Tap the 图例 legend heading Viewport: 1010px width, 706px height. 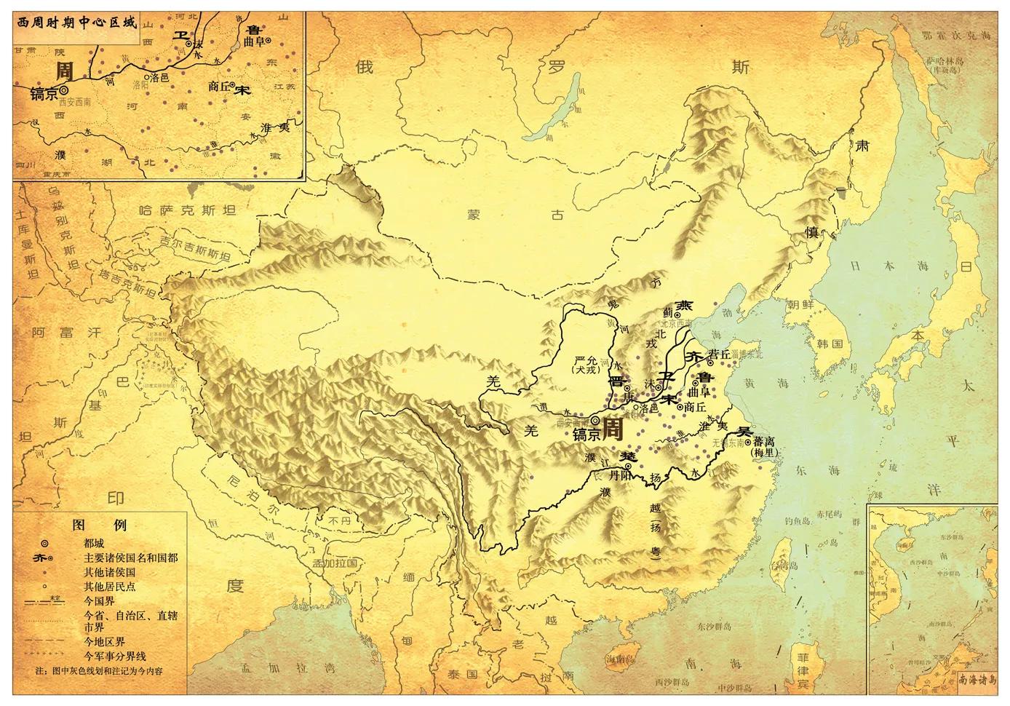click(100, 525)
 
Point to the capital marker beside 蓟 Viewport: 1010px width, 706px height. click(677, 315)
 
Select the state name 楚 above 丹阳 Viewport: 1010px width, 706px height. click(628, 456)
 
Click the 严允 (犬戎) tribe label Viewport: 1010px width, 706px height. click(585, 365)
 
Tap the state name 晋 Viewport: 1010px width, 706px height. click(616, 380)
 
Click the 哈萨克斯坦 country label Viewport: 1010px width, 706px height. click(188, 210)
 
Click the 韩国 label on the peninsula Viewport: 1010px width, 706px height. click(830, 343)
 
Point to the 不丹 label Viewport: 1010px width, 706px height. click(338, 521)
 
